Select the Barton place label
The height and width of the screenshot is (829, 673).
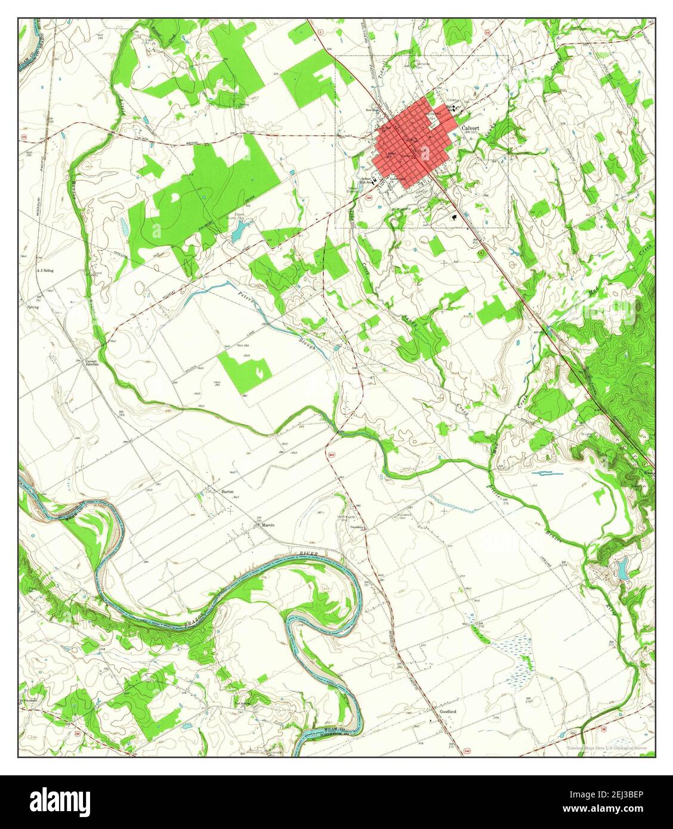point(227,491)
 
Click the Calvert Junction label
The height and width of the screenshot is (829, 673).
point(91,362)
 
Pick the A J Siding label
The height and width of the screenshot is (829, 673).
point(45,270)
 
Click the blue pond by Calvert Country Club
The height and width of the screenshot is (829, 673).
point(238,230)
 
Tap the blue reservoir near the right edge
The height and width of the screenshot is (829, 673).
point(622,567)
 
